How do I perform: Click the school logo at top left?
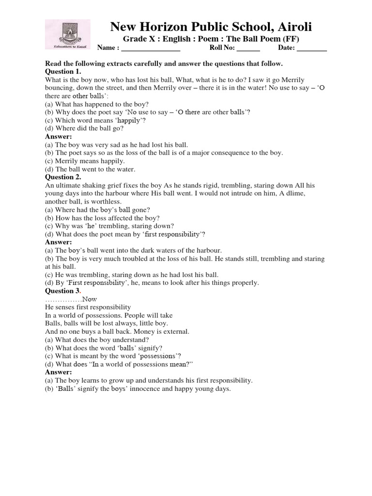[x=67, y=34]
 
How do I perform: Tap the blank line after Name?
[x=151, y=49]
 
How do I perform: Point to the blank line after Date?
[x=311, y=49]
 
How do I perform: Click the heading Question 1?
[x=66, y=71]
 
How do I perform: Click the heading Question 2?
[x=66, y=177]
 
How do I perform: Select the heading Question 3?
[x=62, y=291]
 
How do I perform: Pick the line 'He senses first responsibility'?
[x=88, y=307]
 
